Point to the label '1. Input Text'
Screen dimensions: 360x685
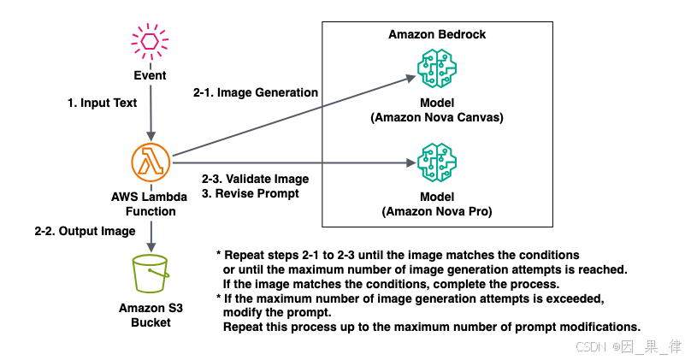102,103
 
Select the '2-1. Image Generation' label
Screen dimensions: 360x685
257,92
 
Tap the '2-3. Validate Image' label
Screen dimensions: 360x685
255,179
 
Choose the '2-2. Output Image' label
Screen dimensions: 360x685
85,231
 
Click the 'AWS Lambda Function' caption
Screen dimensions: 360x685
150,204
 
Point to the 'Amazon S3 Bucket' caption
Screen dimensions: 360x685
150,316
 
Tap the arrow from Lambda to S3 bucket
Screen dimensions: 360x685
151,233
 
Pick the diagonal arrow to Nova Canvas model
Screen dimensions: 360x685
291,117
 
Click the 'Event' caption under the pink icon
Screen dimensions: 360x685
150,74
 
